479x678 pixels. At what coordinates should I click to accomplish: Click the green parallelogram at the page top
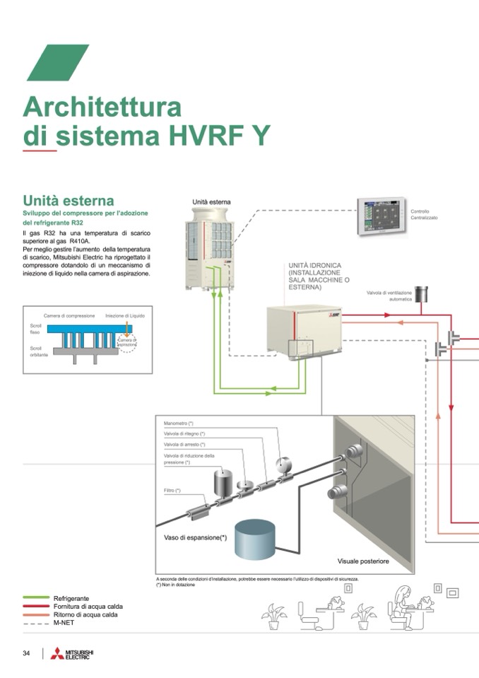point(58,62)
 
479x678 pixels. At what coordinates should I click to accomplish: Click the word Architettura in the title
point(102,107)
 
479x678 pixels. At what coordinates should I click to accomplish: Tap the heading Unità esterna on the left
point(69,201)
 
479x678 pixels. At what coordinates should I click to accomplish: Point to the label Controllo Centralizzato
point(424,214)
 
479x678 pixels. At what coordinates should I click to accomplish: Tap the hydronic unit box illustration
point(304,329)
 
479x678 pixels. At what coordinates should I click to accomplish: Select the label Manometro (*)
point(179,423)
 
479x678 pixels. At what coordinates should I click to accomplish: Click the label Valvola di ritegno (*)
point(184,433)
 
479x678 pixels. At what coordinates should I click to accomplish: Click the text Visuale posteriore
point(363,561)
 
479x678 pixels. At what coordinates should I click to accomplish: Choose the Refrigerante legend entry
point(71,598)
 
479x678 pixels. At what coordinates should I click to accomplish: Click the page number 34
point(26,653)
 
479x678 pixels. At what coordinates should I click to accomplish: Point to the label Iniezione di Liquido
point(124,315)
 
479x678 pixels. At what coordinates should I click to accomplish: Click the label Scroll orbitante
point(40,351)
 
